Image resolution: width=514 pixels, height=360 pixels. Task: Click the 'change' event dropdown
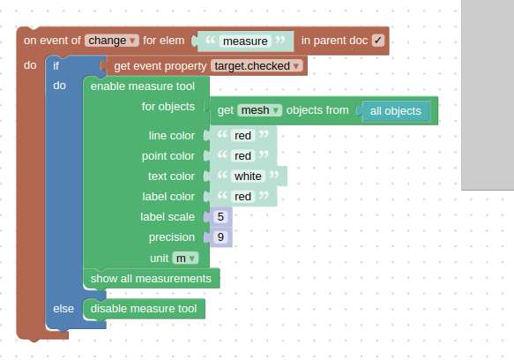(112, 41)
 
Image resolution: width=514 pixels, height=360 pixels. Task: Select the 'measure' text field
(245, 41)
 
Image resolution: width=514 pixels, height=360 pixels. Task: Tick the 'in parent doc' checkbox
(378, 41)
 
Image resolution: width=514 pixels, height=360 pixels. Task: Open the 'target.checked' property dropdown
(257, 66)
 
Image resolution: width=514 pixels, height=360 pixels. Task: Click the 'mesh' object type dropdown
(259, 110)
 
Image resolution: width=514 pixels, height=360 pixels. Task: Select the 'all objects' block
(396, 111)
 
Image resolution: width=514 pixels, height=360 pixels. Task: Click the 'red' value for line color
(242, 136)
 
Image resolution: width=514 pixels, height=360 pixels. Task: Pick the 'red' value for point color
(242, 156)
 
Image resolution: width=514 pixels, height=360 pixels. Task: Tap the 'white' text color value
(248, 176)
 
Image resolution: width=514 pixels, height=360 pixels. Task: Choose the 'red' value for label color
(242, 197)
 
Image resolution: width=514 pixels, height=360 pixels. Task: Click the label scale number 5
(220, 217)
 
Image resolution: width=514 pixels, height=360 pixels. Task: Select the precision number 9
(220, 237)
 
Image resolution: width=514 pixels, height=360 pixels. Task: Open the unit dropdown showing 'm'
(185, 259)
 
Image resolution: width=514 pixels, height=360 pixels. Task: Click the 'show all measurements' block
(152, 279)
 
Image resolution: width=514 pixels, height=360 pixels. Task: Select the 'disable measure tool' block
(145, 309)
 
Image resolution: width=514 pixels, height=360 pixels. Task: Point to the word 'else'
(63, 309)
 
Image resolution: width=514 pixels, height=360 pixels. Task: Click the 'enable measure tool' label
(143, 86)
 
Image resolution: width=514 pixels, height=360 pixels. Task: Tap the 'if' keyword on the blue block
(56, 66)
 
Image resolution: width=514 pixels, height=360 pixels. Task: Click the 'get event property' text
(160, 66)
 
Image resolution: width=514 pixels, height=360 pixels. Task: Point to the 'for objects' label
(168, 107)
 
